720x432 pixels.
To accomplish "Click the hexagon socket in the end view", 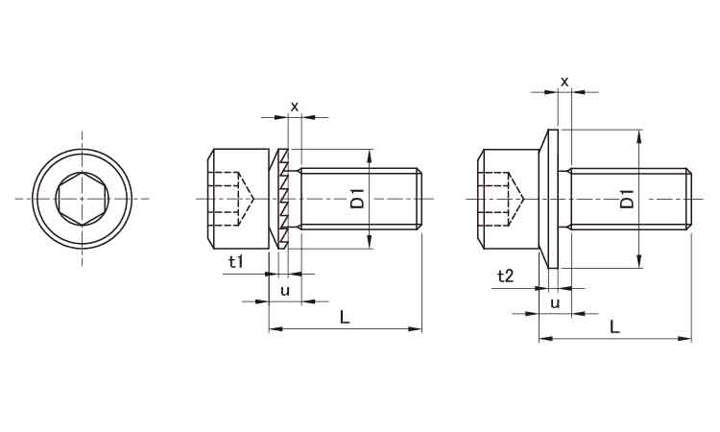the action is [x=83, y=199].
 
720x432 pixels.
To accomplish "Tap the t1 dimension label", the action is [x=236, y=262].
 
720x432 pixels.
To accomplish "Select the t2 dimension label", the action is [x=505, y=276].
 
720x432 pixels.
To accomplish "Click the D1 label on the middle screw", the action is [x=357, y=198].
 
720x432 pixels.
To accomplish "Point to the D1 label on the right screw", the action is [x=627, y=198].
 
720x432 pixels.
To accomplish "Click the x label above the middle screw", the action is [x=295, y=107].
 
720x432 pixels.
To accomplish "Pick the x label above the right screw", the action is [x=564, y=83].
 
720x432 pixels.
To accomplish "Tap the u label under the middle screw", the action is [x=285, y=291].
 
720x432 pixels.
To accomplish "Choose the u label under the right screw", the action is [x=555, y=303].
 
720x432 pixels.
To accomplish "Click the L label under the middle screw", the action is [x=345, y=317].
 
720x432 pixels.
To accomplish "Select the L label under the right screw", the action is [x=614, y=326].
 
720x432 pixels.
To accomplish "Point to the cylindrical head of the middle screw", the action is [x=236, y=199].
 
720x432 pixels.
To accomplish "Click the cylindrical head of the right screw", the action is [x=508, y=199].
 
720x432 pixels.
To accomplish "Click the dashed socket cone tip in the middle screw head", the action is [x=253, y=199].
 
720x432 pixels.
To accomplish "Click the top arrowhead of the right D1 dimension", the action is [x=639, y=135].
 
